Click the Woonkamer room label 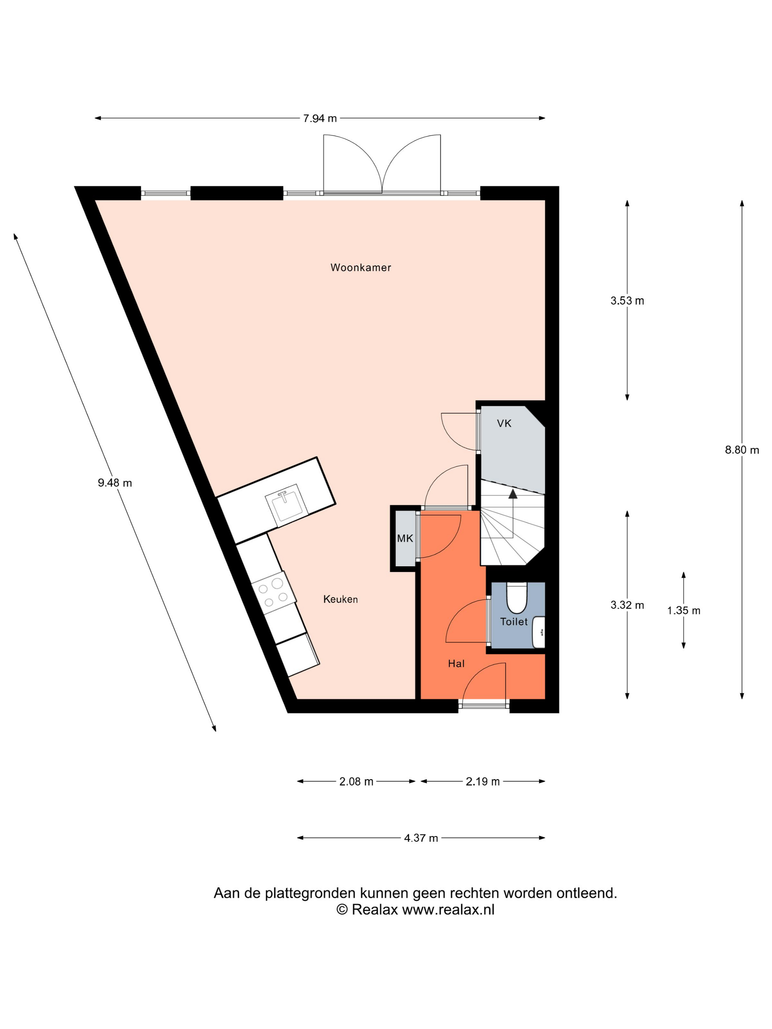pyautogui.click(x=361, y=268)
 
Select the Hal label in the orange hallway pyautogui.click(x=456, y=664)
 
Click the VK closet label pyautogui.click(x=504, y=423)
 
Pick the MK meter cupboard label pyautogui.click(x=405, y=538)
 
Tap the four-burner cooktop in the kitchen pyautogui.click(x=274, y=593)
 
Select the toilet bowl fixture pyautogui.click(x=516, y=598)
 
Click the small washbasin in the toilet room pyautogui.click(x=539, y=632)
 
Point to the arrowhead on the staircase pyautogui.click(x=513, y=494)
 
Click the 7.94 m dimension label pyautogui.click(x=320, y=119)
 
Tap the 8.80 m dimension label pyautogui.click(x=742, y=450)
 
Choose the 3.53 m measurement pyautogui.click(x=627, y=301)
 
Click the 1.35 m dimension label pyautogui.click(x=683, y=610)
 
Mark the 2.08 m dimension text pyautogui.click(x=356, y=782)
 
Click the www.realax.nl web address pyautogui.click(x=448, y=910)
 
